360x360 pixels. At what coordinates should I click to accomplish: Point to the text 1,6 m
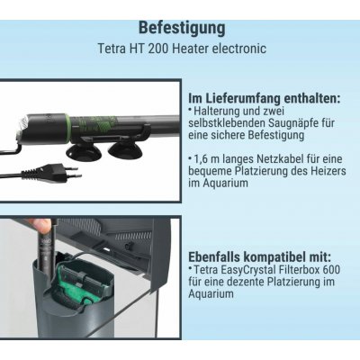(x=208, y=159)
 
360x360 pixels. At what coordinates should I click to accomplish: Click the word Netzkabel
(x=280, y=159)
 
